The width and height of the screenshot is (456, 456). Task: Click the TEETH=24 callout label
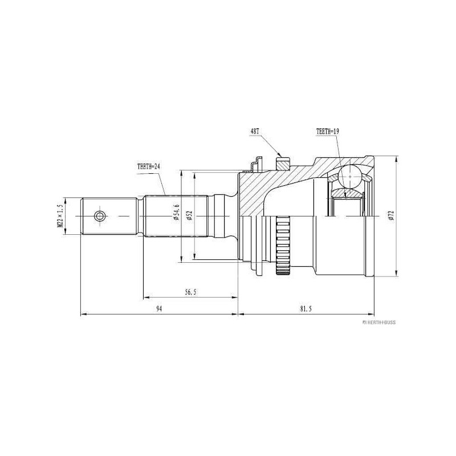[149, 166]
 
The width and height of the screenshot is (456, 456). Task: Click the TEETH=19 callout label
[328, 131]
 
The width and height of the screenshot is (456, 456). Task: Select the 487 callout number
[254, 131]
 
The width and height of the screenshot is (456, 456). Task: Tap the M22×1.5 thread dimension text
[60, 215]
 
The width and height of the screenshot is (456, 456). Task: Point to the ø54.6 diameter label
[177, 212]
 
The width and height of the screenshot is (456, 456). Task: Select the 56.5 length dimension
[190, 292]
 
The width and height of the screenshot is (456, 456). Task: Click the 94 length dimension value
[159, 309]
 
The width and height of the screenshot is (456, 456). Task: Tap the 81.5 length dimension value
[306, 309]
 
